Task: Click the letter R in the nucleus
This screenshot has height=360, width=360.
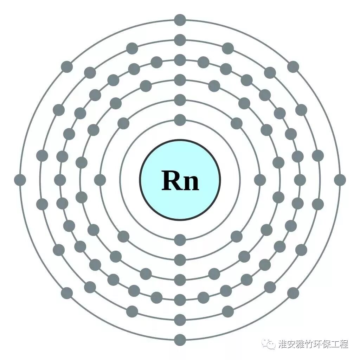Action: [x=172, y=180]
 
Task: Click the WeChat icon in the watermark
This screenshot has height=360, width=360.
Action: [x=270, y=344]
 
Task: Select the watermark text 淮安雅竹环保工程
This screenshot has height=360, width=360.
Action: [x=313, y=344]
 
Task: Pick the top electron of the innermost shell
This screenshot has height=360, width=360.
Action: [x=180, y=120]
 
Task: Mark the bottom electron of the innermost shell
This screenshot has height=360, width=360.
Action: [x=180, y=240]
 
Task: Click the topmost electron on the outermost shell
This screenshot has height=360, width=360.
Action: [x=180, y=20]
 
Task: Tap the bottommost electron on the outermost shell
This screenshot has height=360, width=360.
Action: [x=180, y=340]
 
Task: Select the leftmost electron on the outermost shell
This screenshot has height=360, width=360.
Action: [x=20, y=180]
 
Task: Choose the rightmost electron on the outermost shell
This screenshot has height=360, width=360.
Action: [x=340, y=180]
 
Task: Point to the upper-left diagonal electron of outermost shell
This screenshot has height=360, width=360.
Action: [x=67, y=67]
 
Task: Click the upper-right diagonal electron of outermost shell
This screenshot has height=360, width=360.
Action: [x=293, y=67]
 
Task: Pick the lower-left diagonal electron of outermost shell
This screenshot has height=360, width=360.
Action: [x=67, y=293]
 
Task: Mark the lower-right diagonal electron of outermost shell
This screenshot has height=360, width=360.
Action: [x=293, y=293]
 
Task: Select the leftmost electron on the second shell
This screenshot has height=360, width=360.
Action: [x=100, y=180]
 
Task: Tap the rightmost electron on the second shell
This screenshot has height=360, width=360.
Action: [x=260, y=180]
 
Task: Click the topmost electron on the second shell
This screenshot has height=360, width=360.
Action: [x=180, y=100]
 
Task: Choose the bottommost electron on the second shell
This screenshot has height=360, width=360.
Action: [x=180, y=260]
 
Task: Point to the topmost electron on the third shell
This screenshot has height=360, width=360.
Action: [x=180, y=80]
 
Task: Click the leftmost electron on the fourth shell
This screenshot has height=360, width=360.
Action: [x=60, y=180]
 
